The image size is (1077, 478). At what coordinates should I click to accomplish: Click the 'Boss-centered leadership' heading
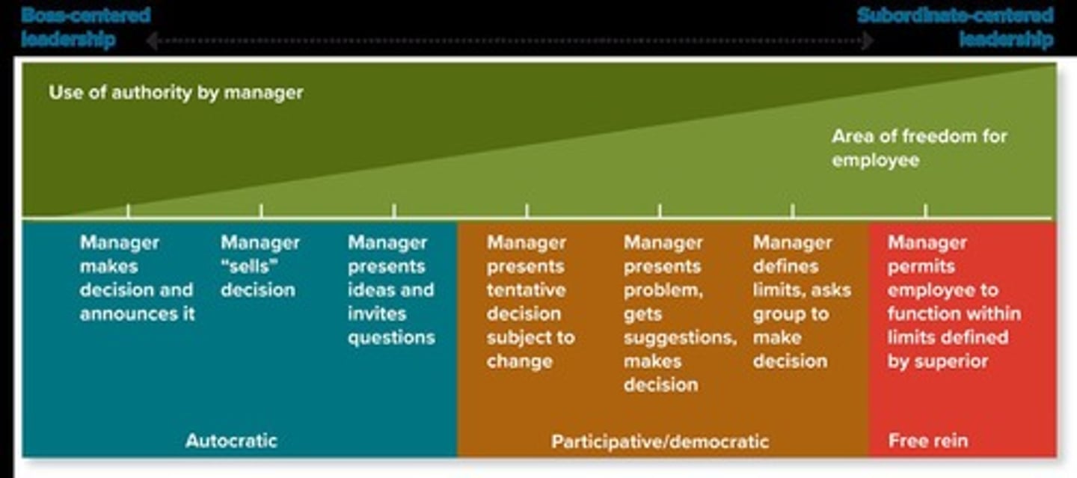85,27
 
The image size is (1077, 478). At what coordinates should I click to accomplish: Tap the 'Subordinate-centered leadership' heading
955,27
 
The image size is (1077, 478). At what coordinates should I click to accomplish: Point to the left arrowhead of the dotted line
151,40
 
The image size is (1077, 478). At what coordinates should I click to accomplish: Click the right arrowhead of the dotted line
868,40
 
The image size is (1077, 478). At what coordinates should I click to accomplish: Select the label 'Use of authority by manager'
176,94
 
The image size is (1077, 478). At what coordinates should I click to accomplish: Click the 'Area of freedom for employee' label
919,148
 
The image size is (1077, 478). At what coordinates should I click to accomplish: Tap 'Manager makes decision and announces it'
137,278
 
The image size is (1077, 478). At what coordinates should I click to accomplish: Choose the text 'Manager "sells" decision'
260,266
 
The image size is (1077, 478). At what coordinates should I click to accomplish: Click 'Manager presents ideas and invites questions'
390,290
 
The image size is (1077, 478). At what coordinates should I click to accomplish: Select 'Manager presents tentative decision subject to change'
530,302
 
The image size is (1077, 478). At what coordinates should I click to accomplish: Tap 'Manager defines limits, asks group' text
801,302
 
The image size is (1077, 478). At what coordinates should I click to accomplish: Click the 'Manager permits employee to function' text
954,302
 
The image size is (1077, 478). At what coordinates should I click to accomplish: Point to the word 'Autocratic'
231,441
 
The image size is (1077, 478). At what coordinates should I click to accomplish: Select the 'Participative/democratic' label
660,441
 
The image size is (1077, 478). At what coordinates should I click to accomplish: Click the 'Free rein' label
927,441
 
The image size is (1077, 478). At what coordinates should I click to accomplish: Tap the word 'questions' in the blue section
391,337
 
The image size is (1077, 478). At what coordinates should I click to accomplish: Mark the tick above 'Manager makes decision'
128,211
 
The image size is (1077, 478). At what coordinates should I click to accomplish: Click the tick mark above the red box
925,211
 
